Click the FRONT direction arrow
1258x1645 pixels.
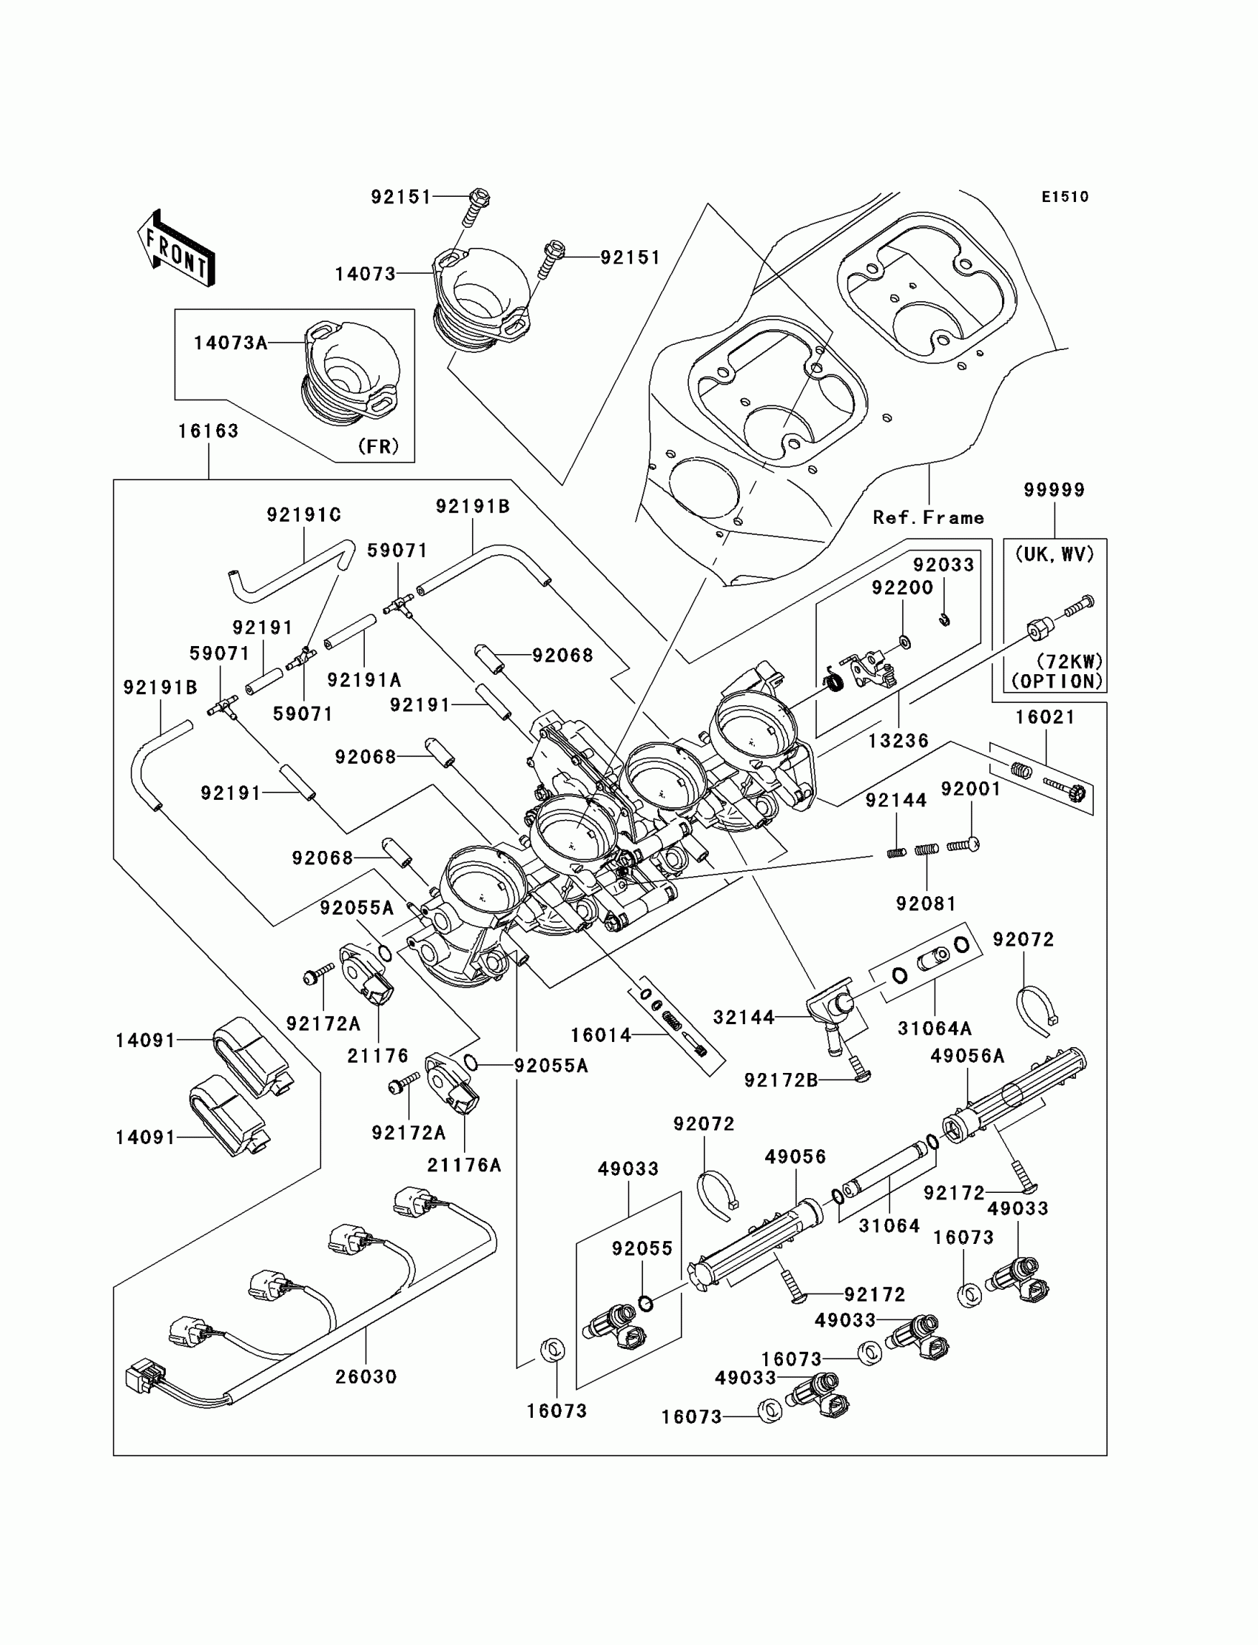(176, 249)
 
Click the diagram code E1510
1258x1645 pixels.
(1065, 197)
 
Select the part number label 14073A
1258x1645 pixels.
(231, 343)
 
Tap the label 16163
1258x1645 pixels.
(208, 431)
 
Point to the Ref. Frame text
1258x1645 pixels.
(929, 517)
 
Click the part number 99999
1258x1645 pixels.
(1054, 490)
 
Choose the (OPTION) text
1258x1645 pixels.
(1057, 682)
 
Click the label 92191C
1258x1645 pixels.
(304, 515)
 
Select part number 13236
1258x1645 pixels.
(898, 741)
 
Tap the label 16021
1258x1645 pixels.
(1046, 717)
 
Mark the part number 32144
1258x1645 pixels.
(744, 1017)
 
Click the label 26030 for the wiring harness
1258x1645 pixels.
(366, 1377)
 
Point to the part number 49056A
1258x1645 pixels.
(967, 1056)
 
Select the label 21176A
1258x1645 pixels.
(464, 1165)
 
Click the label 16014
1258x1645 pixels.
(602, 1035)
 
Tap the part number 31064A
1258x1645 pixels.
(935, 1029)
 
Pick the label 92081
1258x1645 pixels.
(926, 904)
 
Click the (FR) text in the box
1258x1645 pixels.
(378, 446)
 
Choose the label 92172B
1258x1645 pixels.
(781, 1080)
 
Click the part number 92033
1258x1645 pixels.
(943, 565)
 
